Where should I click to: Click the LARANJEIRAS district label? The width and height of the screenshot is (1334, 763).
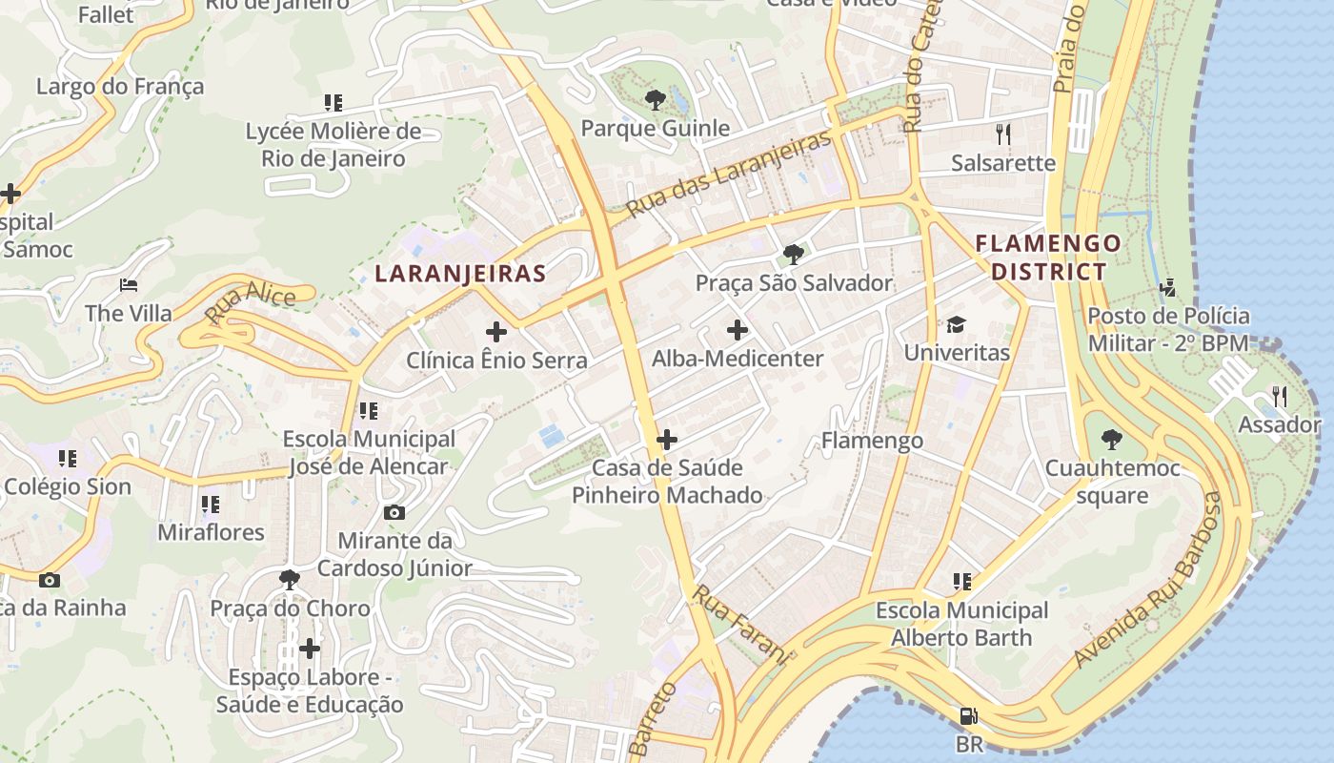460,274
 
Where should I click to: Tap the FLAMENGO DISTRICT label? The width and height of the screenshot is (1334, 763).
1048,258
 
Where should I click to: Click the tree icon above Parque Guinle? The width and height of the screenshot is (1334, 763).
655,99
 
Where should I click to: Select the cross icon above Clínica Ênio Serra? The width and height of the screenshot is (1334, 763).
496,332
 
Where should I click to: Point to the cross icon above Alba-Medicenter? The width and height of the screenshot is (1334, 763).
738,330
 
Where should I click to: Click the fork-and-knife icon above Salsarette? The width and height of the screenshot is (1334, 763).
1002,134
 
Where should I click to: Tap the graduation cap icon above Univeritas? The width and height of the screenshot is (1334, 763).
956,324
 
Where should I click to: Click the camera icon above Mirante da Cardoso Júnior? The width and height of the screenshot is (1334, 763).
394,512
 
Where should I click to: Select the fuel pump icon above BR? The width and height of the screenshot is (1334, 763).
968,715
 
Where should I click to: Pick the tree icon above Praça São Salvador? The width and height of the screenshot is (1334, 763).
794,254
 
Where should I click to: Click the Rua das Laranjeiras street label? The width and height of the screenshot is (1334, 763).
729,172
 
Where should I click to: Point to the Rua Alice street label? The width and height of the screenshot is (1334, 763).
250,304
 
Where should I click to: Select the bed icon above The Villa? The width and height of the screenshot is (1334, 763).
129,285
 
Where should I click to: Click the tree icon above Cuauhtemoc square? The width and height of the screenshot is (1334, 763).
1111,440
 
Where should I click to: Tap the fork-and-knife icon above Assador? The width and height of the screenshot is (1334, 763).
1280,396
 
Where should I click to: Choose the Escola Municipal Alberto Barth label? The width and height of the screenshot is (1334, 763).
961,624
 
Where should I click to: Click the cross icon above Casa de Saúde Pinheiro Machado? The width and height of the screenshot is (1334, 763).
667,440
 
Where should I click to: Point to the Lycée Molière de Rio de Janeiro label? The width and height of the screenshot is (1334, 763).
333,144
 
